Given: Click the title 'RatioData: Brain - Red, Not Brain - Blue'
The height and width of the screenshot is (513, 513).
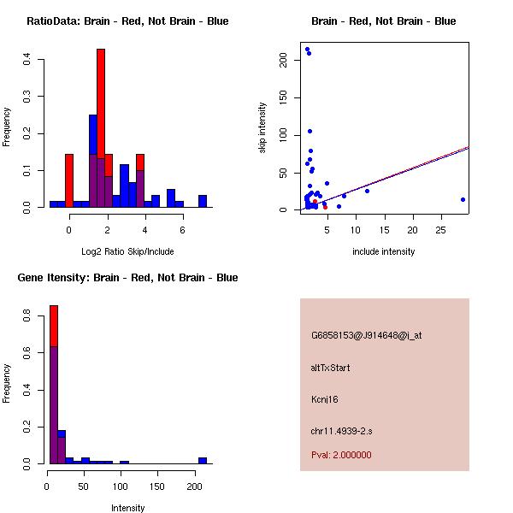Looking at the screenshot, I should pos(127,21).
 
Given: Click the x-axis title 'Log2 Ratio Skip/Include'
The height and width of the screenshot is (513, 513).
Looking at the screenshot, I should pos(127,251).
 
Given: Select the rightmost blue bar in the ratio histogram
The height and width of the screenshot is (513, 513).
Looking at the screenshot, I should pos(203,202).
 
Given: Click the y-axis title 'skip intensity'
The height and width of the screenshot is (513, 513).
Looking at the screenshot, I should pos(263,128).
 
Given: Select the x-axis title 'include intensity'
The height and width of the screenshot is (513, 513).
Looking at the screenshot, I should pos(383,251).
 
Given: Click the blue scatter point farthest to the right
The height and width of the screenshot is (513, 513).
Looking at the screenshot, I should pos(463,199).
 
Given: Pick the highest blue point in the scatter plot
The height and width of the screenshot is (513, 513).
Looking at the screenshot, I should pos(307,50).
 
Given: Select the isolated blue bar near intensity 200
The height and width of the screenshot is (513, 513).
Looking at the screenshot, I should pos(203,461).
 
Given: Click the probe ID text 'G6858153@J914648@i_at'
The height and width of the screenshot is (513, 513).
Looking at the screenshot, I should pos(366,335).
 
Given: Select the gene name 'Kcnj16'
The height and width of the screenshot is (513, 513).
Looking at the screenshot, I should pos(326,398).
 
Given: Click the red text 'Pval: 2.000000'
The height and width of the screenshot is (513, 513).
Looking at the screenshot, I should pos(341,455).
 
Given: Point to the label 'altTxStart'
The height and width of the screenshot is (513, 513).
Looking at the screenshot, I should pos(330,368).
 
